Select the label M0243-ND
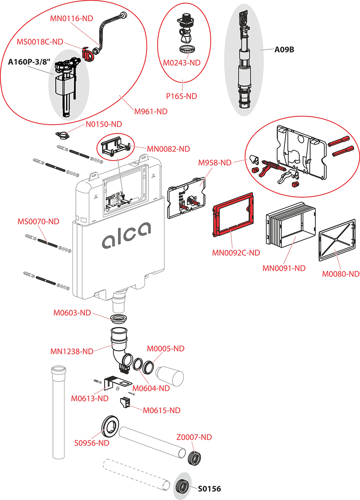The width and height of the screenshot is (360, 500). point(182,62)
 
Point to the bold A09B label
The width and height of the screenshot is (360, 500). point(284,50)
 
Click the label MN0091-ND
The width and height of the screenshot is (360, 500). point(284,268)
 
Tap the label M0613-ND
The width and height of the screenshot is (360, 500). point(90,398)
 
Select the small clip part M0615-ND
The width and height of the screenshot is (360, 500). point(125,403)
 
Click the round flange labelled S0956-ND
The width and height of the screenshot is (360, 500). point(110,425)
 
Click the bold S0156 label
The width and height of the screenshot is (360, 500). point(209,489)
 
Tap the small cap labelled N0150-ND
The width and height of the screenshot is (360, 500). point(61,135)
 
